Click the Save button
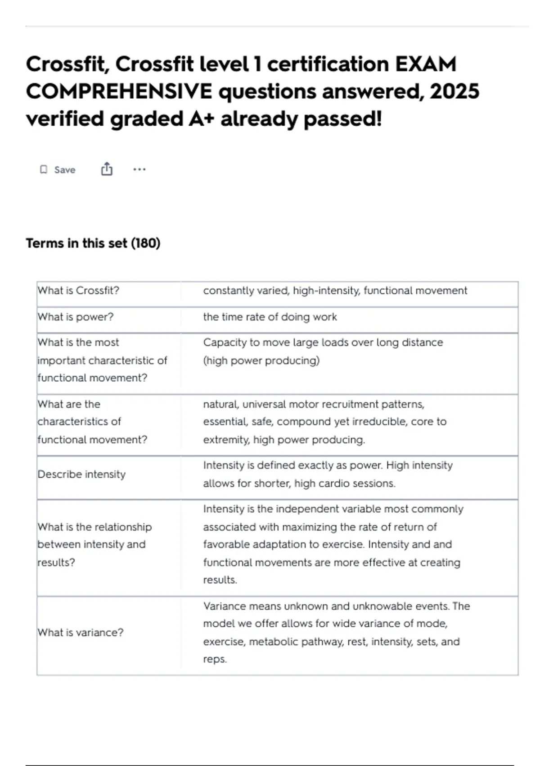(58, 170)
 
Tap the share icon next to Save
(107, 169)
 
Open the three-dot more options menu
(139, 169)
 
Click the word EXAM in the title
(425, 64)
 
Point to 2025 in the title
(454, 91)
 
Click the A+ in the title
(200, 119)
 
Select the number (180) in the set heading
(145, 243)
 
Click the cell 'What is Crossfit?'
(78, 291)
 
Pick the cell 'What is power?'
(76, 317)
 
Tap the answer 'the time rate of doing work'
(270, 317)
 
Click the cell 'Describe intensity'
(81, 474)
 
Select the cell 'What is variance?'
(80, 632)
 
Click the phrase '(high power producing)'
(261, 360)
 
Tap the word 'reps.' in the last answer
(215, 659)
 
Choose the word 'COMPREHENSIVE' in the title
(119, 91)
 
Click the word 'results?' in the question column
(56, 562)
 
